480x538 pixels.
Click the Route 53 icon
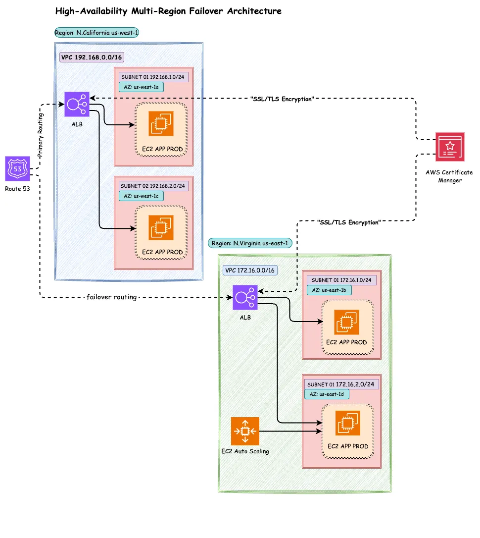coord(18,169)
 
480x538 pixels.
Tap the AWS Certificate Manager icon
coord(450,147)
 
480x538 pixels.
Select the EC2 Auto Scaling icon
coord(245,431)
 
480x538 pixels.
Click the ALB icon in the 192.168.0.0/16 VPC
coord(77,104)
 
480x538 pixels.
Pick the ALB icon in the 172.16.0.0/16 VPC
coord(245,298)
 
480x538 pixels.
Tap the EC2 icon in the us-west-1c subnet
coord(161,227)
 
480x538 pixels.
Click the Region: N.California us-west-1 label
coord(97,33)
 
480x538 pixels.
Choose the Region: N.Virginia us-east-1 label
coord(250,243)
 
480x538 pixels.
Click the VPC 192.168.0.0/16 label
coord(92,57)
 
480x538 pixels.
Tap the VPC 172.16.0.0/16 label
coord(250,270)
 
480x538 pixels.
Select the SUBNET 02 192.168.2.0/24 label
coord(153,186)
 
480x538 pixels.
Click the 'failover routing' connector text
coord(111,297)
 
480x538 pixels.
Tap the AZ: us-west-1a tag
coord(141,87)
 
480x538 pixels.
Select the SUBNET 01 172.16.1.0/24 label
coord(341,280)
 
